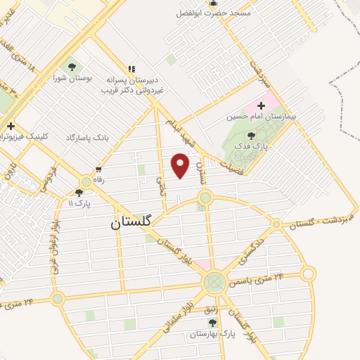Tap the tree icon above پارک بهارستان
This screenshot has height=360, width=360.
point(212,323)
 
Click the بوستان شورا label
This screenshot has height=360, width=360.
point(69,79)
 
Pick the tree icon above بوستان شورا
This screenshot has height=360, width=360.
point(72,67)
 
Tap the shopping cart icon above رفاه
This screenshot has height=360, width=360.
point(98,169)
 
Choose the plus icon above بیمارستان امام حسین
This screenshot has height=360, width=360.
point(261,105)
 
